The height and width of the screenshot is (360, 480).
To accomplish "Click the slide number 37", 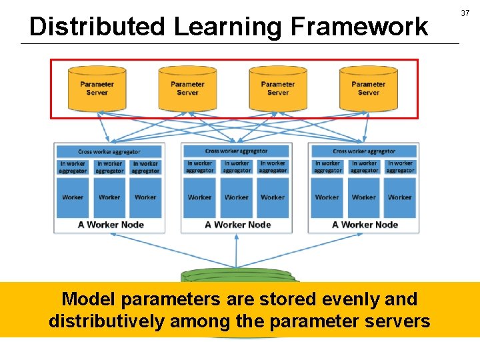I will coord(465,13).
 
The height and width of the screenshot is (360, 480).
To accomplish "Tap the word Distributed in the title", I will coord(97,27).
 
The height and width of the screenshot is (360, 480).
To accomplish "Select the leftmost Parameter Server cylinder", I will coord(97,88).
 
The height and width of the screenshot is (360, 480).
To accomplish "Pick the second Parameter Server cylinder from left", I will coord(187,88).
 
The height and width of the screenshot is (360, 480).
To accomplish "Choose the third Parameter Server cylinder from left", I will coord(278,88).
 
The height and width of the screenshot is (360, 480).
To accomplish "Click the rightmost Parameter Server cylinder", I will coord(368,88).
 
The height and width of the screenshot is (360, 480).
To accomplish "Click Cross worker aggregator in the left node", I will coord(109,151).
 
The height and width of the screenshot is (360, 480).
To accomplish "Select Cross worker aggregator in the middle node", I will coord(236,151).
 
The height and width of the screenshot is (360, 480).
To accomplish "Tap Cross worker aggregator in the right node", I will coord(363,151).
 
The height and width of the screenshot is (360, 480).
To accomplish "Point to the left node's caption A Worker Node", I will coord(111,225).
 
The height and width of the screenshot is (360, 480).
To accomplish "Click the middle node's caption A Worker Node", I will coord(237,225).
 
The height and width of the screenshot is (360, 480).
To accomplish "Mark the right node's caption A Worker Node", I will coord(365,225).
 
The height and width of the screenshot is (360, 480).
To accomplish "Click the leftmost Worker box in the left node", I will coord(73,197).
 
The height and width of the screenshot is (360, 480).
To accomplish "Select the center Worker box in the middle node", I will coord(236,197).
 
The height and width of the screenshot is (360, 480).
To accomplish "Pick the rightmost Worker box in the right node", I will coord(399,197).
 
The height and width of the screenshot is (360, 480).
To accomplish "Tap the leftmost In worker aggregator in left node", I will coord(73,167).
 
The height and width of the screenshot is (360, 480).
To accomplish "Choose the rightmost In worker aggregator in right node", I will coord(400,167).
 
